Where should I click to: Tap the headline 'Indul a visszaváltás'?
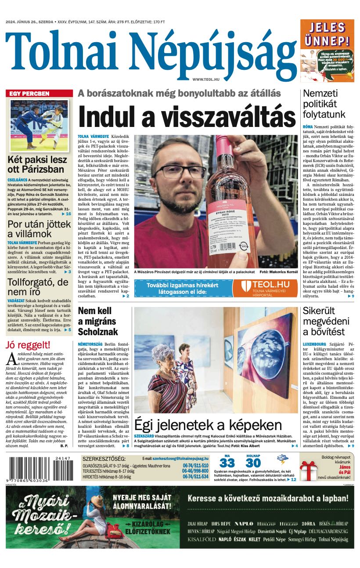(187, 117)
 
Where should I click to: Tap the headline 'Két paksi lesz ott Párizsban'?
(37, 164)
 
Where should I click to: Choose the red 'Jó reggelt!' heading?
(28, 345)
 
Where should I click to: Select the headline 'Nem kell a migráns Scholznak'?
(98, 321)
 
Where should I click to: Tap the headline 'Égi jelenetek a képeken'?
(208, 425)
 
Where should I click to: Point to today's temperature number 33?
(227, 463)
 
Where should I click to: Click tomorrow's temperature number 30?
(253, 463)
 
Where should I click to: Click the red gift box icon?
(309, 471)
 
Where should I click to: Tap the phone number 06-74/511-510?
(195, 465)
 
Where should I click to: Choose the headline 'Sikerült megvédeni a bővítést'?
(324, 321)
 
